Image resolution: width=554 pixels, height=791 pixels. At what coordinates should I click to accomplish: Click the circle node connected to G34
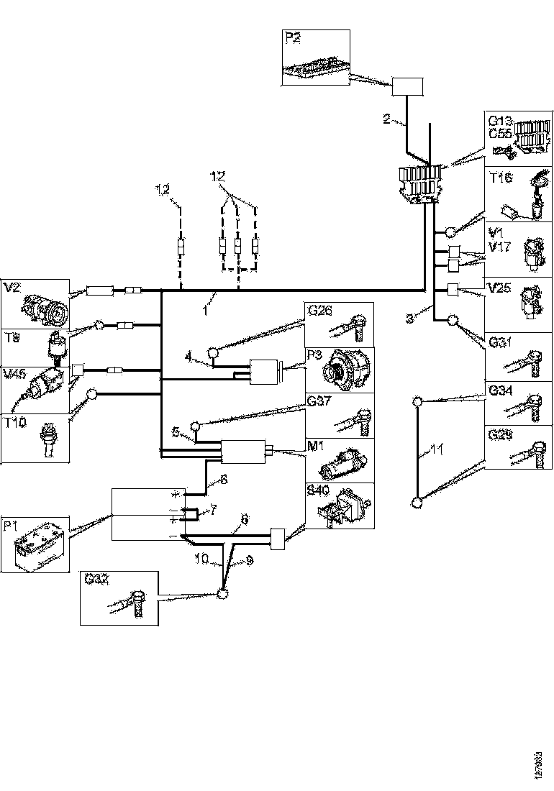tap(417, 401)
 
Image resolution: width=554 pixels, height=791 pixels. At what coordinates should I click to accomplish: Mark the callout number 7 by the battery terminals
tap(212, 510)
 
